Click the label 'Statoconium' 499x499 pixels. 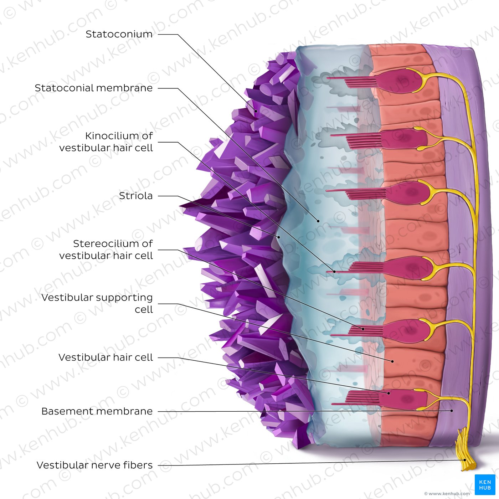[x=119, y=34]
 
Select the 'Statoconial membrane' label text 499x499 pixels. [x=94, y=88]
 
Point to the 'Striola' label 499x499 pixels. [x=136, y=196]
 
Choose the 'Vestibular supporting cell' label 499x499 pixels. [x=97, y=303]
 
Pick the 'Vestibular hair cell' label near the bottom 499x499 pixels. [x=106, y=357]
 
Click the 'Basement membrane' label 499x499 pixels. [x=97, y=411]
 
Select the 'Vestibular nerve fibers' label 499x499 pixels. [x=95, y=465]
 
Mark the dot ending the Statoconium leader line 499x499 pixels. [x=256, y=111]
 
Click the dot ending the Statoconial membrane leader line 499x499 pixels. [x=318, y=221]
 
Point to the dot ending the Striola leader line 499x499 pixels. [x=279, y=237]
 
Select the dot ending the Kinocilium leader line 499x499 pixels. [x=334, y=272]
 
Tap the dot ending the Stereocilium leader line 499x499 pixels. [x=363, y=329]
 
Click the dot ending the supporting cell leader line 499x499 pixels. [x=392, y=361]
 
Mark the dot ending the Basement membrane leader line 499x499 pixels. [x=452, y=411]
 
